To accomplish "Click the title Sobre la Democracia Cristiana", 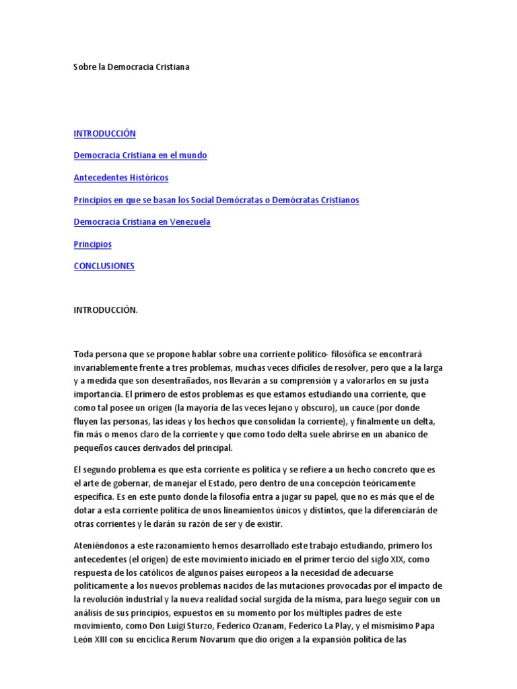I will click(x=131, y=67).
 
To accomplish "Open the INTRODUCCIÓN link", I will click(x=104, y=133).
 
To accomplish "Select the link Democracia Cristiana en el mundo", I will click(x=140, y=155).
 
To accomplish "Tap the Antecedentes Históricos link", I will click(x=120, y=178).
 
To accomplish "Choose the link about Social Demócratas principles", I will click(x=216, y=200).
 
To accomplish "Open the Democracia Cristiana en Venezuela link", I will click(x=142, y=222).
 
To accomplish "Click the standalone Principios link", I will click(x=92, y=244).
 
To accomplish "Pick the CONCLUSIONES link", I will click(x=104, y=266).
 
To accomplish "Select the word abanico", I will click(x=387, y=435).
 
